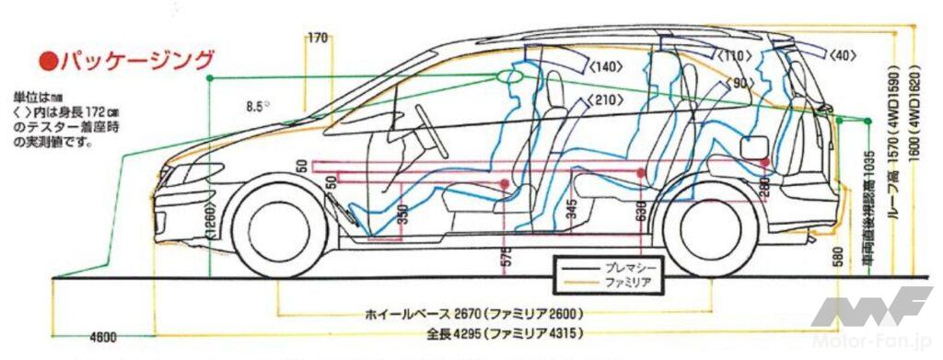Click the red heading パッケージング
pyautogui.click(x=128, y=62)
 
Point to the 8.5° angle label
pyautogui.click(x=258, y=106)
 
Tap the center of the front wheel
pyautogui.click(x=275, y=227)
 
